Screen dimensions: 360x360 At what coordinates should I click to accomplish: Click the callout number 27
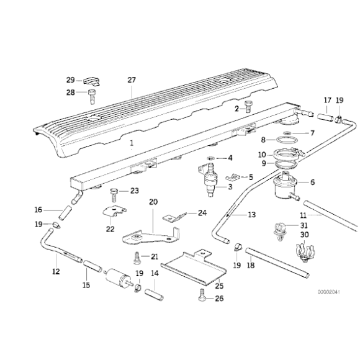pos(132,80)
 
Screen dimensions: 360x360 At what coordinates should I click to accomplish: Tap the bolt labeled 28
pos(92,97)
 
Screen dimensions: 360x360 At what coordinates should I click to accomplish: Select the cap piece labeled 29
pos(91,81)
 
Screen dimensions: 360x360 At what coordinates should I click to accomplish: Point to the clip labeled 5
pos(233,177)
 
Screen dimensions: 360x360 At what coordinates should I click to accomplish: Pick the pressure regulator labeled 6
pos(285,186)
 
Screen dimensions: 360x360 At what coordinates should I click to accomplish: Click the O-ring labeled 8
pos(285,140)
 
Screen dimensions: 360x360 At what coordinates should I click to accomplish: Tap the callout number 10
pos(262,155)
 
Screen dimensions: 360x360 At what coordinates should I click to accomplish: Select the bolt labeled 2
pos(248,107)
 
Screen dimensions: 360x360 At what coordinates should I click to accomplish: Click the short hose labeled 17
pos(326,117)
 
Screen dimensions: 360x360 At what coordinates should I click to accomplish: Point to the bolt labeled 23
pos(114,195)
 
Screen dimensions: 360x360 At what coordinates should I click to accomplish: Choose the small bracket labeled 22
pos(115,212)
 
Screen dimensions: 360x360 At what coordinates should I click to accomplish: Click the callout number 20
pos(153,202)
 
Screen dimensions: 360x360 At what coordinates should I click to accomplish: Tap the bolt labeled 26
pos(201,294)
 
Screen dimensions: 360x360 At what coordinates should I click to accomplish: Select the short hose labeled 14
pos(155,295)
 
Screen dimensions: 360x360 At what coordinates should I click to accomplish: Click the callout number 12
pos(56,271)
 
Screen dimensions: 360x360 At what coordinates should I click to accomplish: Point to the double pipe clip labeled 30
pos(305,253)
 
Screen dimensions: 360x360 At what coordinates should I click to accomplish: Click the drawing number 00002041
pos(328,292)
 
